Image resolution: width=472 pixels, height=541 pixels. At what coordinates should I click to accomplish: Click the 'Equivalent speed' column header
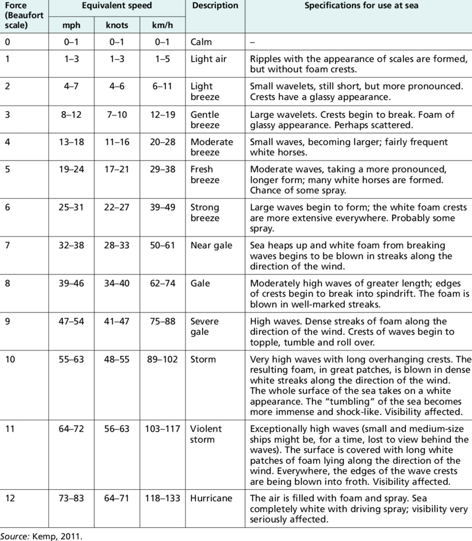tap(117, 6)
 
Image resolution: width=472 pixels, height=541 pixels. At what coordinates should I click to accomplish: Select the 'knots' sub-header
tap(116, 25)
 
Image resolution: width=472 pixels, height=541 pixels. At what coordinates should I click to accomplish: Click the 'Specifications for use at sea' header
tap(361, 6)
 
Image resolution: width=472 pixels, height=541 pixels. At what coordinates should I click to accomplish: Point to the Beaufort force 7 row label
tap(8, 246)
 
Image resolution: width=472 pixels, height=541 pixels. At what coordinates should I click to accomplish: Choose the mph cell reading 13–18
tap(72, 142)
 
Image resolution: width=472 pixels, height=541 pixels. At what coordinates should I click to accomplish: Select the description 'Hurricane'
tap(211, 498)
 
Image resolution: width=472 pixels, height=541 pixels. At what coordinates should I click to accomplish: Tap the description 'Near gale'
tap(211, 246)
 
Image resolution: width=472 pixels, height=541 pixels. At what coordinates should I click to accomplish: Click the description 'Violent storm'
tap(206, 434)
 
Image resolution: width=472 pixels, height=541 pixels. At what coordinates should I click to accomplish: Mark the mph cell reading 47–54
tap(72, 322)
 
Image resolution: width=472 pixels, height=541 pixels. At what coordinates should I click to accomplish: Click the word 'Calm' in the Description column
tap(201, 42)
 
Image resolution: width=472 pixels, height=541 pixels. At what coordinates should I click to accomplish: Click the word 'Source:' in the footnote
tap(14, 535)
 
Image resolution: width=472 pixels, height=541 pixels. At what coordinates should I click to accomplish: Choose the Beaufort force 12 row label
tap(11, 498)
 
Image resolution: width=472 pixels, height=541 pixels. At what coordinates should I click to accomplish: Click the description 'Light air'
tap(209, 58)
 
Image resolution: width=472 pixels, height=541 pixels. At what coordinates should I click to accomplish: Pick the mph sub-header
tap(72, 25)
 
